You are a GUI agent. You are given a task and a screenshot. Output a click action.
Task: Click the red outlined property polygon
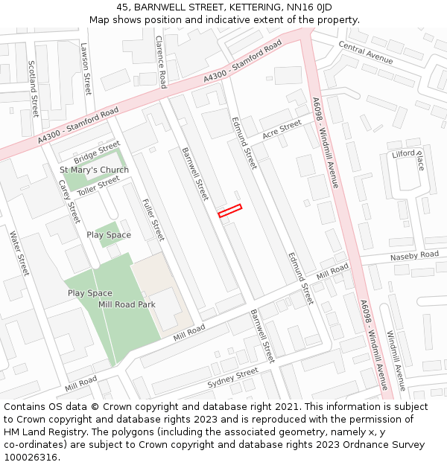229,211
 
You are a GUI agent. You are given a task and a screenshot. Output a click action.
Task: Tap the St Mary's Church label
94,170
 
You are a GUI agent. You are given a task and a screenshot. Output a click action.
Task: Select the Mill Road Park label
126,304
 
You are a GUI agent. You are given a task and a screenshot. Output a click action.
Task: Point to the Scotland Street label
34,88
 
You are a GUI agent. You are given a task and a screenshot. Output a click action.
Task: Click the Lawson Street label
86,68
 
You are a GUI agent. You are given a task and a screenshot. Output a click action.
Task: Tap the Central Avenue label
365,53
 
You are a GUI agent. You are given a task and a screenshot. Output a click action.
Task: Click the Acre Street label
282,129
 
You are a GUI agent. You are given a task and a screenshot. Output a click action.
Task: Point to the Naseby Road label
415,256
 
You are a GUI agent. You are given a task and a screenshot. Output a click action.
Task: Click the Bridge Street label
97,153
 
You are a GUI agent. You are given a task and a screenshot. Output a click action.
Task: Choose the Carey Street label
69,201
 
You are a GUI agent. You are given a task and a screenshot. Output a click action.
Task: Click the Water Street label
19,253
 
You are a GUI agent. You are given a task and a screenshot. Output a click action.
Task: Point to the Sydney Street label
232,378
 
